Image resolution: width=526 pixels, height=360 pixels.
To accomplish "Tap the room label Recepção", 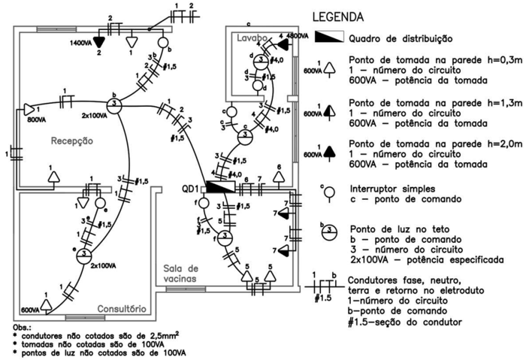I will coord(71,140).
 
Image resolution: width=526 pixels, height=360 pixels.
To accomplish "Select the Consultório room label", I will coord(122,309).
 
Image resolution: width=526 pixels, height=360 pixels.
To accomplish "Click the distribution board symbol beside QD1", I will coord(219,186).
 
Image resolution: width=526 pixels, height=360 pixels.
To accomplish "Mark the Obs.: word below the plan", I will coord(23,328).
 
